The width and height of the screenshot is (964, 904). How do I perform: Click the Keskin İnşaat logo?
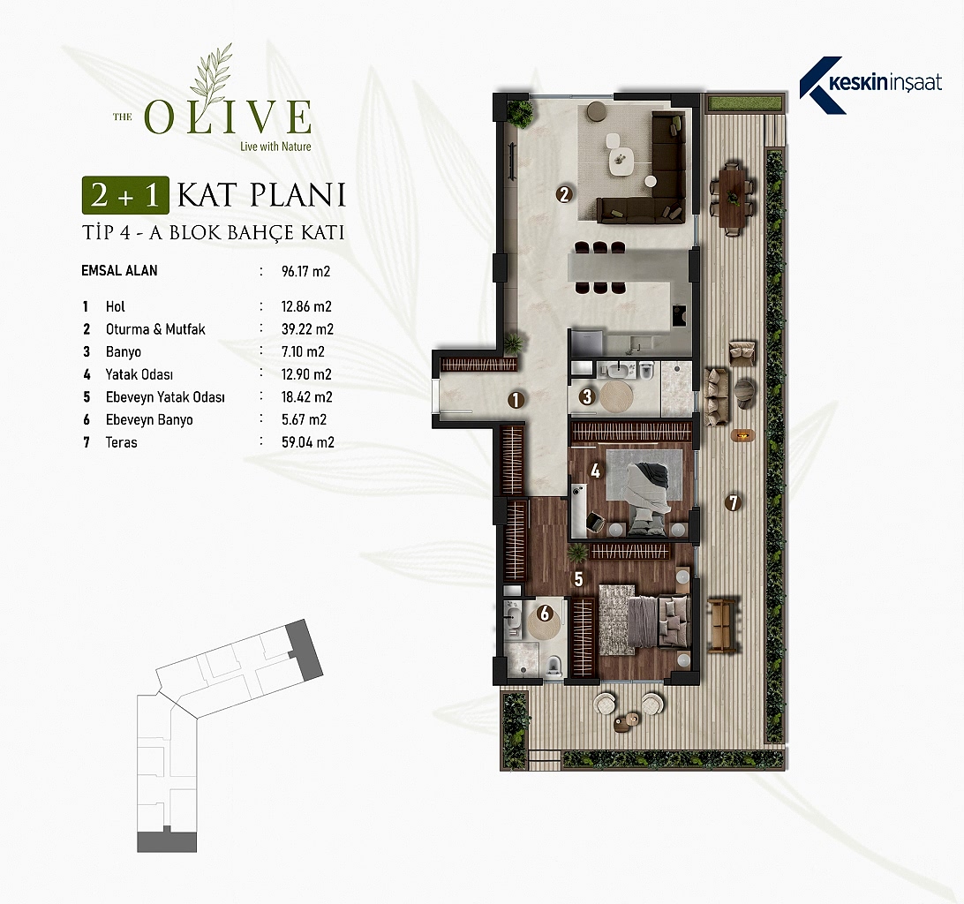[x=870, y=85]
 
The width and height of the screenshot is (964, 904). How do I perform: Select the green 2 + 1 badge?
[x=125, y=195]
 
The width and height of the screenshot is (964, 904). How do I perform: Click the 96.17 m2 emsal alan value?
[x=306, y=271]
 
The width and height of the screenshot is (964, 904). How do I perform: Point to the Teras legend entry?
[x=122, y=442]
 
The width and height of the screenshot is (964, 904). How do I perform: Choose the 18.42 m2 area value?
[x=307, y=396]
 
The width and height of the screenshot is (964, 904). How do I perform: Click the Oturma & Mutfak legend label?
[x=155, y=329]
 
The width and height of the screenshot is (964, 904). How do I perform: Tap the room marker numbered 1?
[x=516, y=400]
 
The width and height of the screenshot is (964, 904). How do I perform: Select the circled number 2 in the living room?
[x=564, y=194]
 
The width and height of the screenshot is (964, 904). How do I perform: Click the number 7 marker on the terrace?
[x=732, y=502]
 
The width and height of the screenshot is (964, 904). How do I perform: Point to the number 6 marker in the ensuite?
[x=544, y=613]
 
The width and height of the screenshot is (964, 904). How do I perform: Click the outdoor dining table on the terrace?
[x=733, y=198]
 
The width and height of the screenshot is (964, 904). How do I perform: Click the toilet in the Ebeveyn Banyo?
[x=554, y=667]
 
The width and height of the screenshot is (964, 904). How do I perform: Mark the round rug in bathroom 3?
[x=616, y=396]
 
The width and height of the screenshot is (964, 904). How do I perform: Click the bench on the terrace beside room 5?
[x=722, y=625]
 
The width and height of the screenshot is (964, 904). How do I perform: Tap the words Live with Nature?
[x=275, y=147]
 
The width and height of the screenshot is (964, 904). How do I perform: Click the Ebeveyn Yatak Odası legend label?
[x=165, y=397]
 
